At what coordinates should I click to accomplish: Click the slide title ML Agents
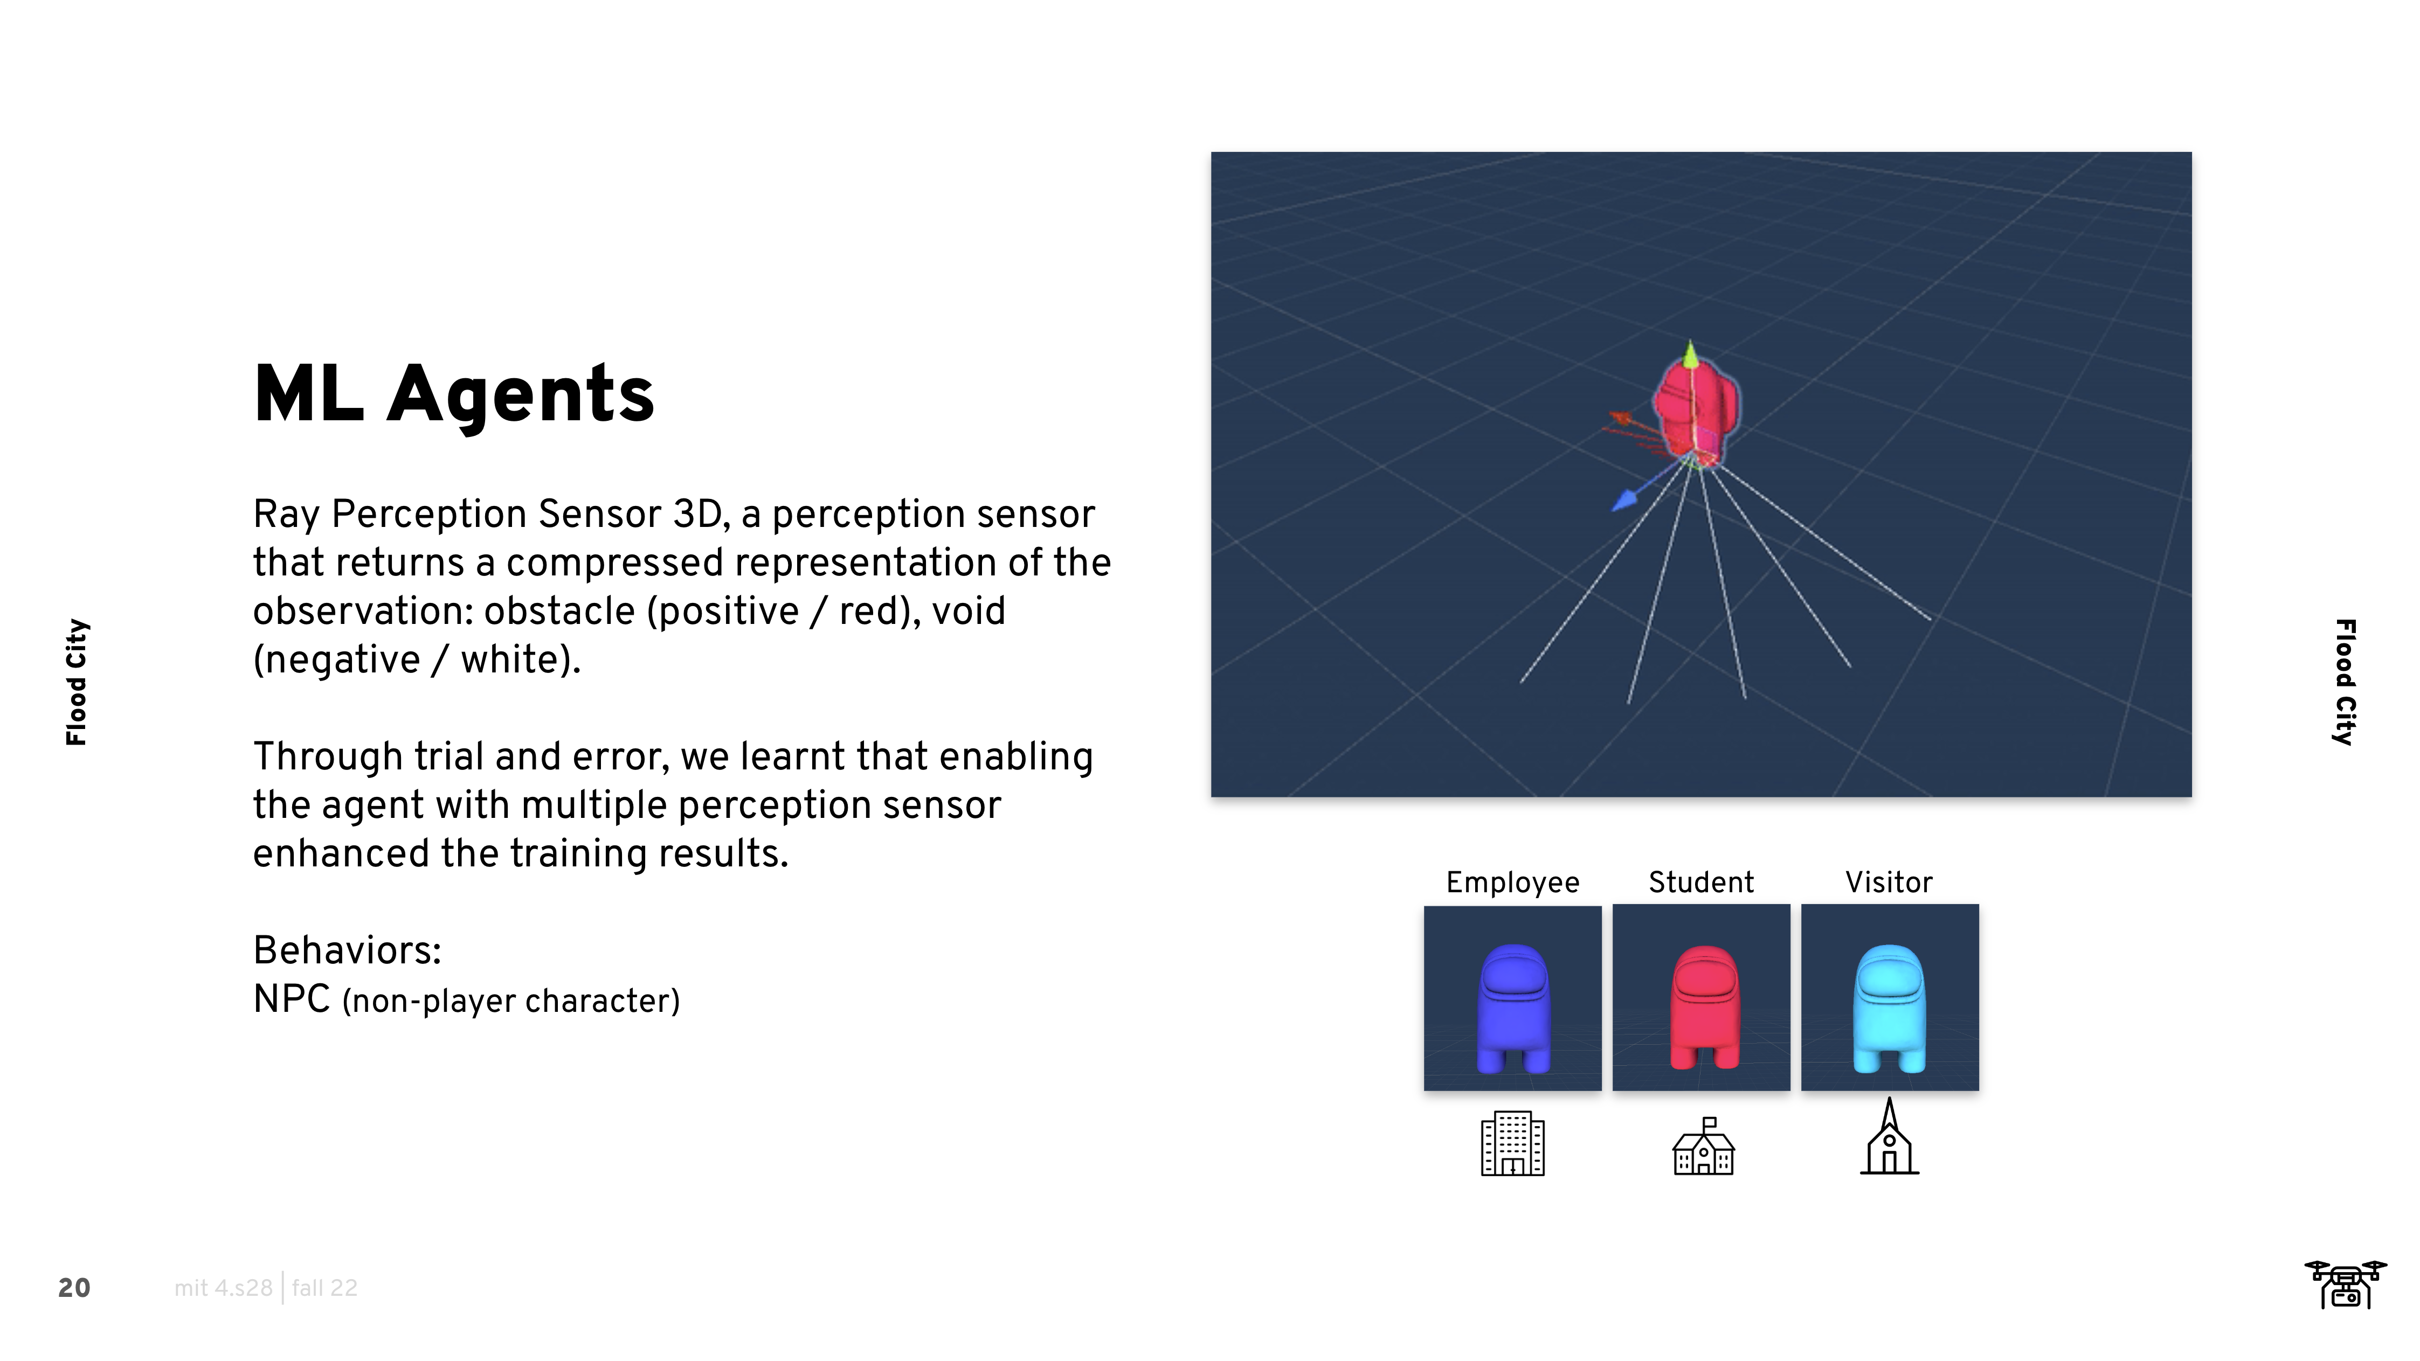click(x=454, y=394)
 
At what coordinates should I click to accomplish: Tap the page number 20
click(x=74, y=1288)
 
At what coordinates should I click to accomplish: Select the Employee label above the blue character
click(x=1512, y=883)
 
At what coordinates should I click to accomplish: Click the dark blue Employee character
click(x=1513, y=1009)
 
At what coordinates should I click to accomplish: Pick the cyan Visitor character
click(x=1889, y=1009)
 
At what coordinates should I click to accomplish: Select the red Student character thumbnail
click(x=1702, y=997)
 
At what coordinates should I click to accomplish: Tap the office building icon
click(x=1512, y=1143)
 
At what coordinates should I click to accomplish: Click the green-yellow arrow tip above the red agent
click(x=1690, y=354)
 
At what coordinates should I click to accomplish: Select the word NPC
click(x=292, y=999)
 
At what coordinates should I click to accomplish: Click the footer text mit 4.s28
click(x=224, y=1288)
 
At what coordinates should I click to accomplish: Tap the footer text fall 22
click(x=325, y=1288)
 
